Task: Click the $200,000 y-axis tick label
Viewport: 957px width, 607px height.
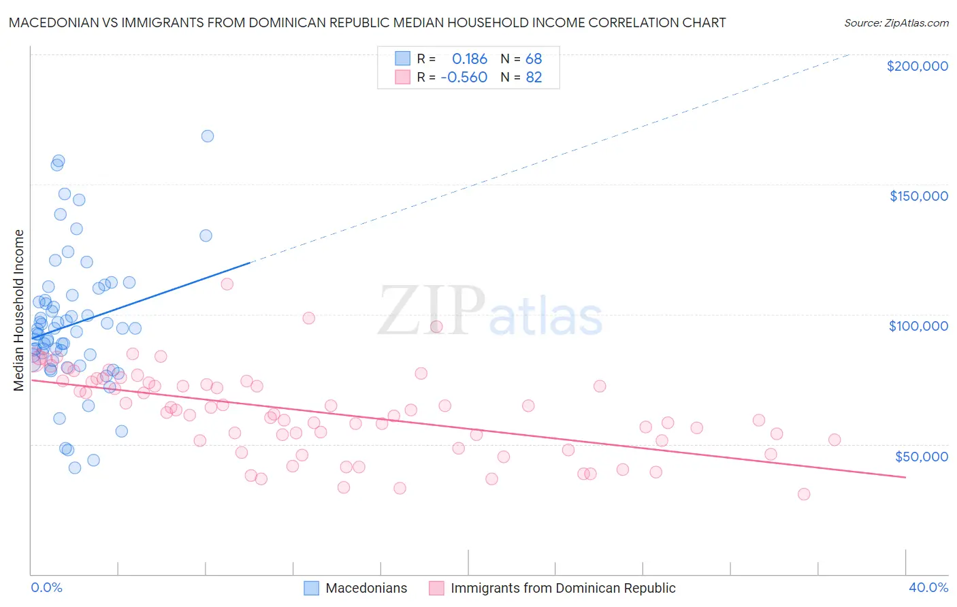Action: point(917,66)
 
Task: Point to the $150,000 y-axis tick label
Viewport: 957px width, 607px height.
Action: point(918,196)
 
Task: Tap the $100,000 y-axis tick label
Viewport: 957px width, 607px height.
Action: point(918,326)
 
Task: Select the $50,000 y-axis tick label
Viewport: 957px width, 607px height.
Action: point(921,456)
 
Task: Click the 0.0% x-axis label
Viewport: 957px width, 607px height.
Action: point(46,587)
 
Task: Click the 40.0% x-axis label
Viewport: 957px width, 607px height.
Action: point(928,587)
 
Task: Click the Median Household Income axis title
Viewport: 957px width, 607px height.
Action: point(18,310)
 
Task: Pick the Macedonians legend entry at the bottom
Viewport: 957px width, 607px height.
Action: point(366,588)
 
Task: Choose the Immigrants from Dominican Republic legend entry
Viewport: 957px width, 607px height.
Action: point(562,588)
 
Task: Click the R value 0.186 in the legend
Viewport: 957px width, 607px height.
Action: point(470,59)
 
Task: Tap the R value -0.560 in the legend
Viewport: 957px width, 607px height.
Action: point(464,78)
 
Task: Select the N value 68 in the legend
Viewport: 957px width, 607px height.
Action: point(534,59)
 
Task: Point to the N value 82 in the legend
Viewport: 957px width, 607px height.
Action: point(534,78)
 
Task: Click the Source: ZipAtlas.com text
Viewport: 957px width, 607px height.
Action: point(896,23)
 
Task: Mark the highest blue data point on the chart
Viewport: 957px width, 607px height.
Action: point(208,136)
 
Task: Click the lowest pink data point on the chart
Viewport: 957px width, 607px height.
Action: point(804,494)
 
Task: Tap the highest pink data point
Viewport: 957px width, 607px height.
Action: point(227,284)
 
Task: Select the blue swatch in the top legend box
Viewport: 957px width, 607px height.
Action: point(403,59)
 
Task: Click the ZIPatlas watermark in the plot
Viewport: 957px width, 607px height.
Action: point(490,312)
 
